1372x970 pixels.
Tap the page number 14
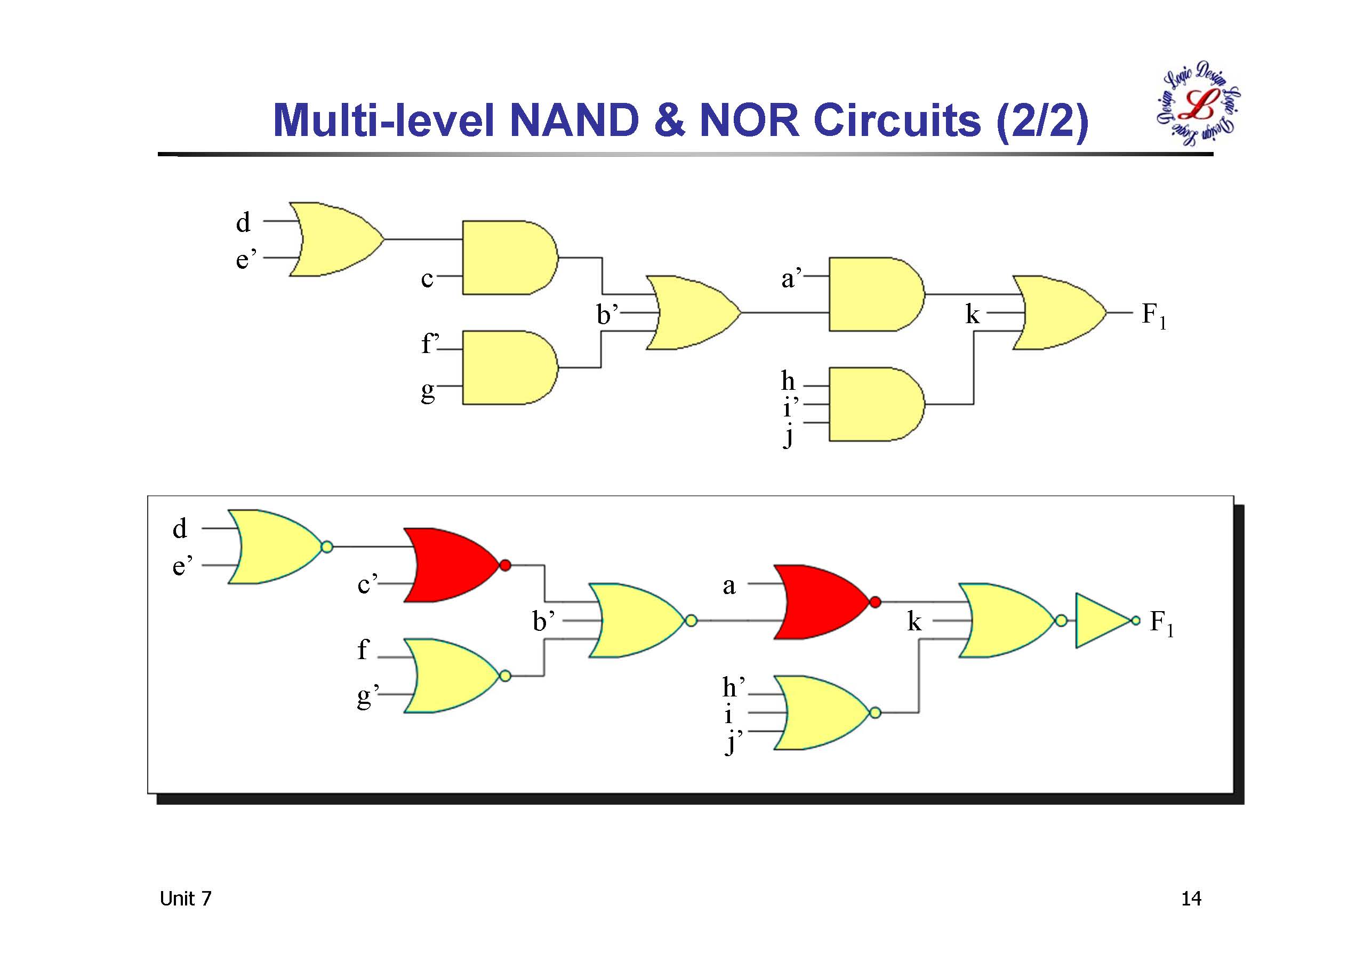pyautogui.click(x=1191, y=899)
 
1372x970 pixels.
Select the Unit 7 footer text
pyautogui.click(x=185, y=899)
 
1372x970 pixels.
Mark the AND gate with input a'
pyautogui.click(x=873, y=295)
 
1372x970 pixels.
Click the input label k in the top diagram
pyautogui.click(x=972, y=314)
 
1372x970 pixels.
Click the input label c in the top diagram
pyautogui.click(x=427, y=278)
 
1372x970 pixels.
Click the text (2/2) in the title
pyautogui.click(x=1042, y=122)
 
